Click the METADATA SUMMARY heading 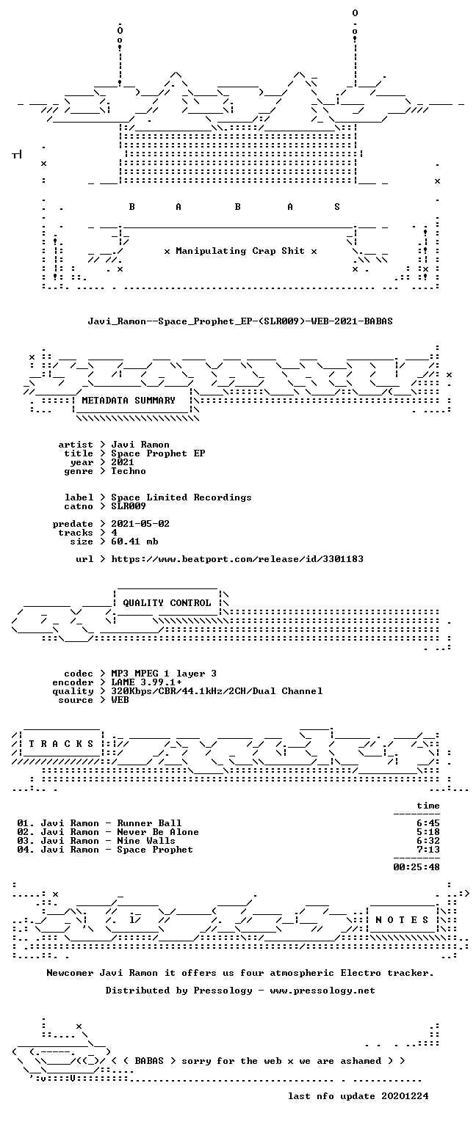point(129,401)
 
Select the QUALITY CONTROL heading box point(167,602)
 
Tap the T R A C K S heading point(61,743)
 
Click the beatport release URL point(237,559)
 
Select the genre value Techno point(129,471)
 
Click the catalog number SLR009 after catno point(129,506)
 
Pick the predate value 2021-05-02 point(140,524)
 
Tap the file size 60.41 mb point(134,541)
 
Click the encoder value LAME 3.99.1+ point(147,682)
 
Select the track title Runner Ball point(149,823)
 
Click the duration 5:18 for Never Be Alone point(428,832)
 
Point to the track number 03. point(25,841)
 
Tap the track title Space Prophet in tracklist point(155,850)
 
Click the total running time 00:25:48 point(416,867)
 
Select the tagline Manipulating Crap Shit point(240,250)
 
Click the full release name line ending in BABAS point(240,321)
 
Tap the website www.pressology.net point(322,990)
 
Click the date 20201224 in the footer point(405,1095)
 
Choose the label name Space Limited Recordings point(181,497)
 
